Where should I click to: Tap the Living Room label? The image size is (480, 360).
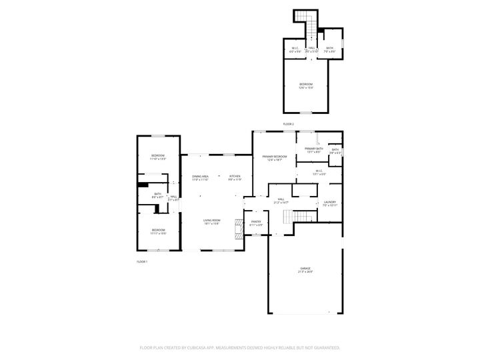tap(212, 220)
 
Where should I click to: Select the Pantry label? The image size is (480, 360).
tap(256, 221)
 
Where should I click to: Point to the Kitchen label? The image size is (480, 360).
tap(235, 176)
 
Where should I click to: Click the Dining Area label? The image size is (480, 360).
tap(201, 176)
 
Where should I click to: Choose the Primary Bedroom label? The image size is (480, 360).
tap(275, 156)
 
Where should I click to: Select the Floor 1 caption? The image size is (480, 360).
tap(141, 261)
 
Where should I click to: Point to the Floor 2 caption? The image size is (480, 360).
tap(288, 124)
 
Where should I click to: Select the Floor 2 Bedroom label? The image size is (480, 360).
tap(306, 84)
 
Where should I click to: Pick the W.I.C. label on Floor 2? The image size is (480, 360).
tap(295, 47)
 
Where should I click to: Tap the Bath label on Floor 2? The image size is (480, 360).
tap(329, 47)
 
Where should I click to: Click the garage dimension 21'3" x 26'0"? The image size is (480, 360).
tap(305, 272)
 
